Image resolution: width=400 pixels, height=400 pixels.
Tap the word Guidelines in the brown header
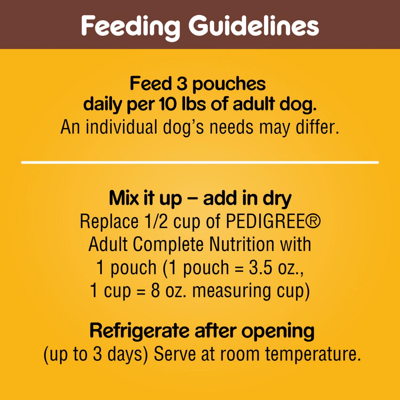pos(253,26)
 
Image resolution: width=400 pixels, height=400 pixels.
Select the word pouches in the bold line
pos(229,84)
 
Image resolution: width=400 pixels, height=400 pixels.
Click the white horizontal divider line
pos(200,162)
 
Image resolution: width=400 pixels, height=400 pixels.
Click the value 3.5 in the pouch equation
pos(261,268)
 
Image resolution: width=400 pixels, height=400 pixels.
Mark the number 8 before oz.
pos(155,291)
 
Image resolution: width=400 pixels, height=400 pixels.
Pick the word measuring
pos(231,291)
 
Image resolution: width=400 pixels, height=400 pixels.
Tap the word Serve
pos(175,354)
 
